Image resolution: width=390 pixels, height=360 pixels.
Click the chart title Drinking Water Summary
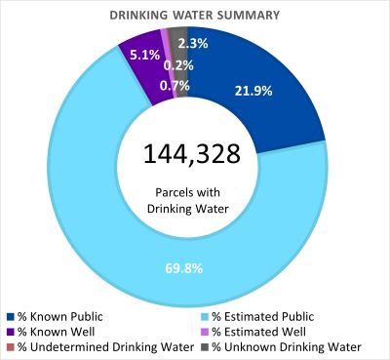[195, 15]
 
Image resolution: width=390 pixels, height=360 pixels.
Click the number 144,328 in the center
[196, 153]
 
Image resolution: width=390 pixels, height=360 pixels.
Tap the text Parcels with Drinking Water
[196, 198]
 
